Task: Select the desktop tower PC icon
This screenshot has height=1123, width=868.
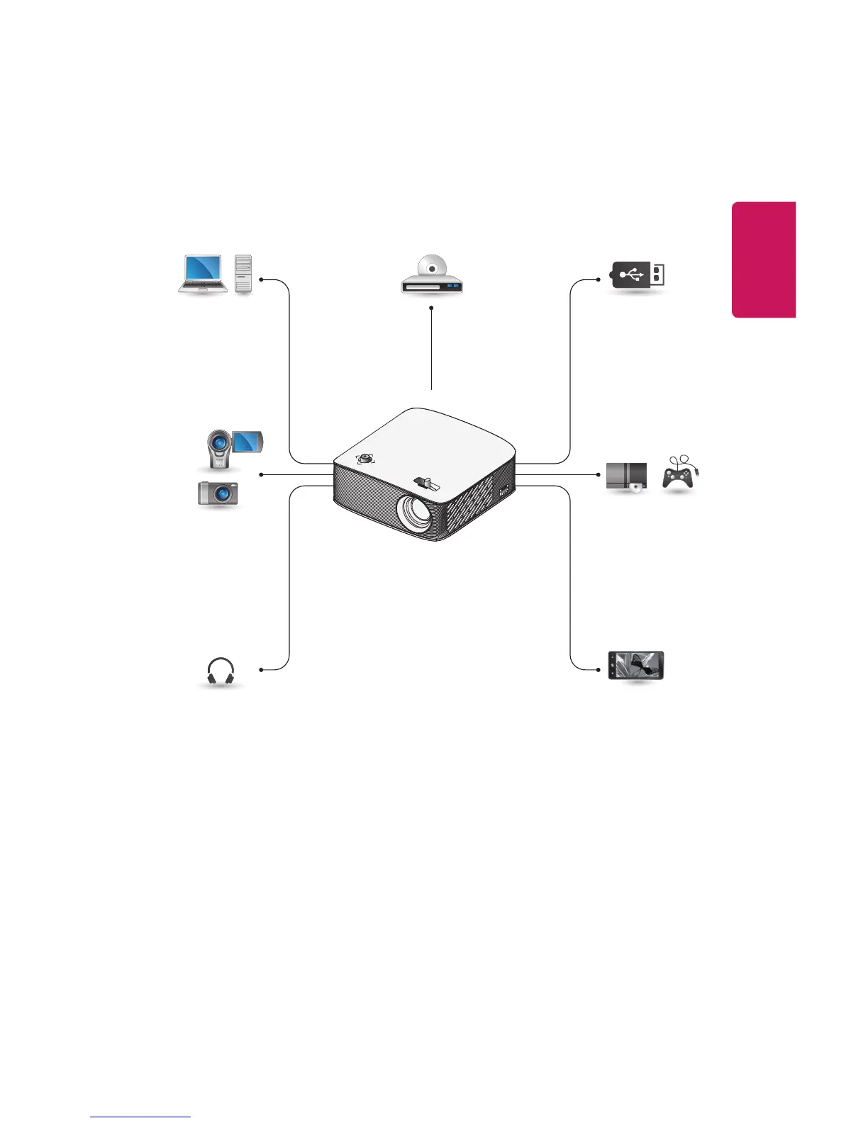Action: [x=243, y=274]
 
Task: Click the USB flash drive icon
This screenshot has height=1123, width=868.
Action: [x=638, y=274]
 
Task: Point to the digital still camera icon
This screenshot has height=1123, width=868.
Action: [x=218, y=493]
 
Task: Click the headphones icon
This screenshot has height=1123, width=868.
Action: [x=220, y=671]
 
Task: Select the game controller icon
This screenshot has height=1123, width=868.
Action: [x=679, y=472]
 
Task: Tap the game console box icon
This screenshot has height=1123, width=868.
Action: [x=627, y=476]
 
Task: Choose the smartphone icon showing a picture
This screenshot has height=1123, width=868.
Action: [x=636, y=666]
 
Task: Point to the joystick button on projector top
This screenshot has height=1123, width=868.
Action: [x=365, y=459]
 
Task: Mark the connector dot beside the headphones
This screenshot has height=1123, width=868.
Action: [x=262, y=669]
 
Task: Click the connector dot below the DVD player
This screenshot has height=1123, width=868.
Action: [x=431, y=308]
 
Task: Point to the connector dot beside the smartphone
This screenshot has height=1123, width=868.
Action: [x=599, y=669]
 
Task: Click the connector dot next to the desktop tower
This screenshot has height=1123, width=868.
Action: [x=262, y=279]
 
